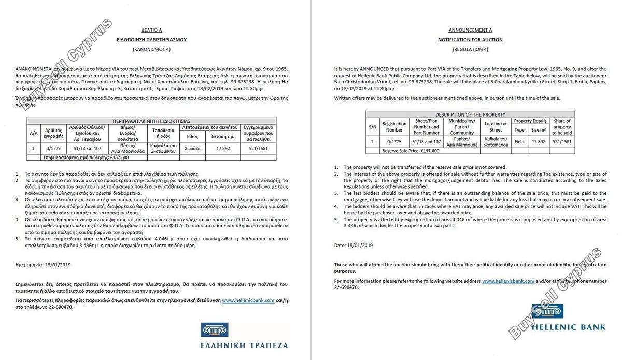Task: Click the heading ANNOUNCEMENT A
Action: pyautogui.click(x=470, y=30)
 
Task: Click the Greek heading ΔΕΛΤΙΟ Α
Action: pyautogui.click(x=151, y=30)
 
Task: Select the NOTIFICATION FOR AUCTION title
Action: pyautogui.click(x=470, y=40)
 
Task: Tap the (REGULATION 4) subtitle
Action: pyautogui.click(x=470, y=49)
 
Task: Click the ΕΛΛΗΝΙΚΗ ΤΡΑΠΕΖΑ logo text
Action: pyautogui.click(x=244, y=345)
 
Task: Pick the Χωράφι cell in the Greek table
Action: pyautogui.click(x=192, y=148)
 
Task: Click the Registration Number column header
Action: pyautogui.click(x=394, y=126)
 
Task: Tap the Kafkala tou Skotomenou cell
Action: pyautogui.click(x=496, y=141)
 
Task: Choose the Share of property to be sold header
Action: pyautogui.click(x=562, y=126)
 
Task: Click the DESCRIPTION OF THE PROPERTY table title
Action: pyautogui.click(x=470, y=114)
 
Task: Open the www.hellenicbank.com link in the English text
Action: pyautogui.click(x=508, y=281)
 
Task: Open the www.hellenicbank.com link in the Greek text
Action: pyautogui.click(x=248, y=300)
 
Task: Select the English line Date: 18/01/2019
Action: pyautogui.click(x=353, y=245)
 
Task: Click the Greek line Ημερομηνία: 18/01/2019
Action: pyautogui.click(x=43, y=264)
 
